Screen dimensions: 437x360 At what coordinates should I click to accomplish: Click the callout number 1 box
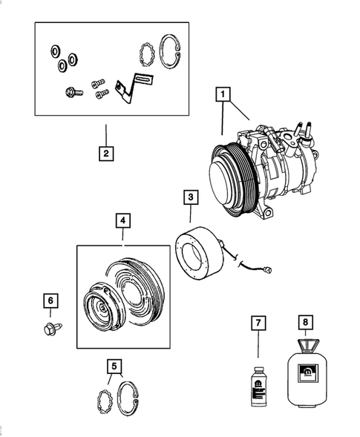point(222,94)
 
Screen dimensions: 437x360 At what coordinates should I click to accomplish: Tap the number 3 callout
point(191,197)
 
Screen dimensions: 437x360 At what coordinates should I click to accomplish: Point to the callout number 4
point(122,220)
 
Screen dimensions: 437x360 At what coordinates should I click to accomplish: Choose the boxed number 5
point(114,365)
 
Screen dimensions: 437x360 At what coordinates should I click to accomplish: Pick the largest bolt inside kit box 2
point(71,93)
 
